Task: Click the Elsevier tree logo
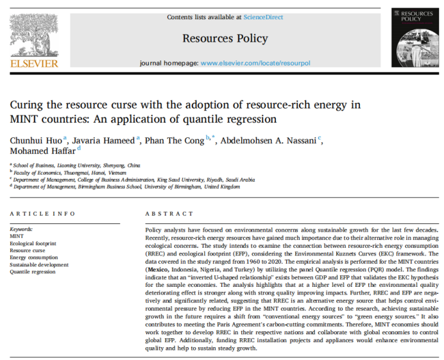34,32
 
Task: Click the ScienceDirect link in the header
264,17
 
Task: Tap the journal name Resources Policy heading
225,39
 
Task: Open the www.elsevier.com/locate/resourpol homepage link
255,64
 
